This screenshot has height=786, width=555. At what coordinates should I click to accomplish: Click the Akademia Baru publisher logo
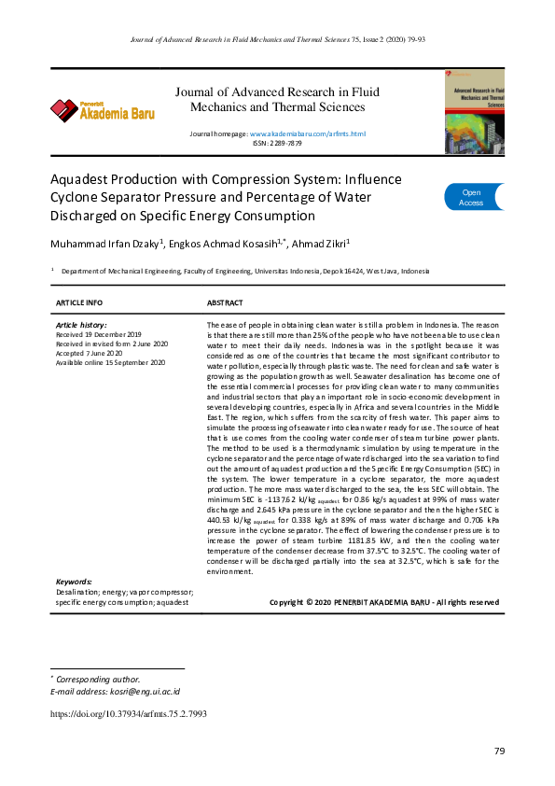tap(102, 110)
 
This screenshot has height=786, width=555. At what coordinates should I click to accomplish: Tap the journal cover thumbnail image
tap(473, 111)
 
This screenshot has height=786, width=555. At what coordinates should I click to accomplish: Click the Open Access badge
tap(472, 197)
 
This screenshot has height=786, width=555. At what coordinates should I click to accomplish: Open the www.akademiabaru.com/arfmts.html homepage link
tap(307, 135)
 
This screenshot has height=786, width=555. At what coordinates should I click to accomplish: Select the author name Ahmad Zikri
tap(320, 245)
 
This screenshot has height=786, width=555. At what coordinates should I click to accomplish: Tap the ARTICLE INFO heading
tap(79, 303)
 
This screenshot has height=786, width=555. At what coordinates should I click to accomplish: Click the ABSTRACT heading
tap(225, 303)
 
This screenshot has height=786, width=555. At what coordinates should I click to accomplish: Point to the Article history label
tap(81, 324)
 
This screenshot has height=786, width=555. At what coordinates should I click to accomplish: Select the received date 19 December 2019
tap(99, 333)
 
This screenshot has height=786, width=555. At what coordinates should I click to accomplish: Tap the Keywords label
tap(75, 582)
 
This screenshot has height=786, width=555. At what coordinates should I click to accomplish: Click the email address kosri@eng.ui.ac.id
tap(115, 692)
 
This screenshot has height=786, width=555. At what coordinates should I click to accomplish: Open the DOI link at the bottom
tap(128, 714)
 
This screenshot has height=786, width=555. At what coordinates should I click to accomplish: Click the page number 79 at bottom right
tap(498, 752)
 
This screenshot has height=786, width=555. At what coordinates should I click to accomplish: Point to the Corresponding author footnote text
tap(98, 679)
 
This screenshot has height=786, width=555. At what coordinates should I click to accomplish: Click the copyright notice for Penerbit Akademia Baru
tap(383, 602)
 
